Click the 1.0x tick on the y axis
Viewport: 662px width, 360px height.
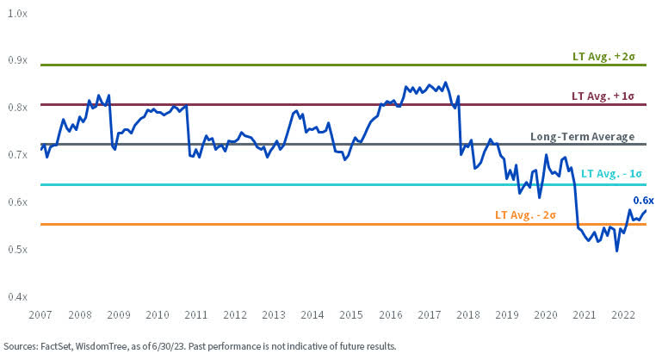click(x=17, y=13)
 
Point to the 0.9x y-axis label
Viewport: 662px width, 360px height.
click(x=17, y=60)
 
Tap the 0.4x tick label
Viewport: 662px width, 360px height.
click(x=17, y=297)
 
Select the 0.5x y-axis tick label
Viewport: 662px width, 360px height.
click(x=17, y=250)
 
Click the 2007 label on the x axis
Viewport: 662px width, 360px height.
click(x=40, y=316)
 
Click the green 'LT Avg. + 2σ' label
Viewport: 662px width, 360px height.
click(x=603, y=57)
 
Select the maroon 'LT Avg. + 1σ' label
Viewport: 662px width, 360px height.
click(x=603, y=96)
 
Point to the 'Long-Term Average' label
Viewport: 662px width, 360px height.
click(x=582, y=137)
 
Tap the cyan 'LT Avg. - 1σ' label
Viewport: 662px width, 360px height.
click(x=611, y=173)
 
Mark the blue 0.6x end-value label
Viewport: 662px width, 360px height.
click(x=643, y=200)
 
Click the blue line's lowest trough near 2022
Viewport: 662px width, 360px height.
click(x=616, y=251)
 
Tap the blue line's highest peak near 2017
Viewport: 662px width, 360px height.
click(x=445, y=83)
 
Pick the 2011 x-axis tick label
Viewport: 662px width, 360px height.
click(x=195, y=316)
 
